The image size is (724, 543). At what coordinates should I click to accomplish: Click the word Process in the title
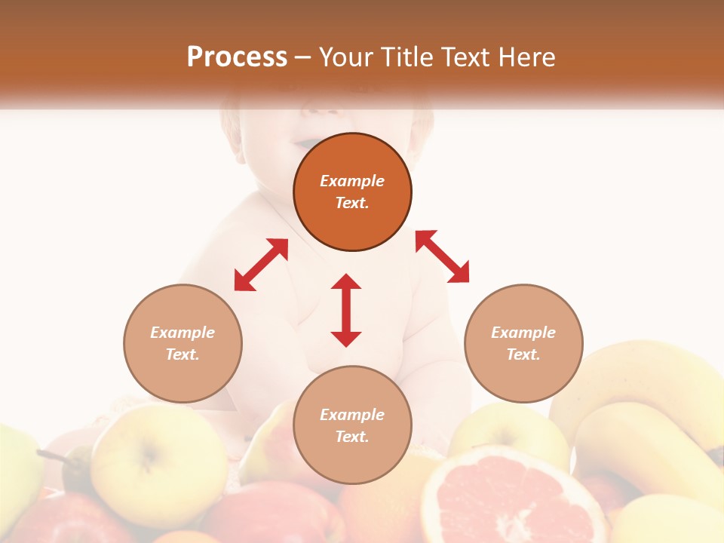click(x=237, y=57)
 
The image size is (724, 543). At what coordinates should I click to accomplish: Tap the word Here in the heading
click(x=526, y=57)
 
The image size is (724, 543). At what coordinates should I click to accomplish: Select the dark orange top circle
click(x=352, y=192)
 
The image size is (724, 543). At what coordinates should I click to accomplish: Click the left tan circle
click(x=183, y=343)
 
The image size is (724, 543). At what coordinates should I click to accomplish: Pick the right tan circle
click(x=523, y=343)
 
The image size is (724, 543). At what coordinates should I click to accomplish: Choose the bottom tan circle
click(x=352, y=425)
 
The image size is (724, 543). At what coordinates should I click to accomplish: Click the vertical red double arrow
click(x=346, y=310)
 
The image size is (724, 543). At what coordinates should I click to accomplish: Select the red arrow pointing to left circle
click(x=261, y=265)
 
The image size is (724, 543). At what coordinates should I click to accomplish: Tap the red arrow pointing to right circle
click(x=443, y=256)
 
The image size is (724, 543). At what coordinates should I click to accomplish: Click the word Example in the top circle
click(x=352, y=181)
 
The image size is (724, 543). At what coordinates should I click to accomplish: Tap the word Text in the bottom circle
click(x=352, y=437)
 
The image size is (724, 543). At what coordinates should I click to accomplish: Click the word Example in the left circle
click(x=183, y=333)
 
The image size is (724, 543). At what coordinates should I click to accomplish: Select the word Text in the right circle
click(x=523, y=354)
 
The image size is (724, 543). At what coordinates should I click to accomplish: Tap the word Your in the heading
click(x=345, y=57)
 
